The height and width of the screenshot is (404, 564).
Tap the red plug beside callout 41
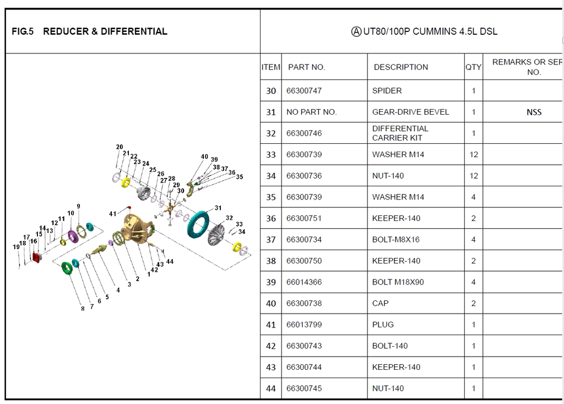pos(129,207)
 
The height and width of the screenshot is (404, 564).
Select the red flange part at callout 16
pos(38,257)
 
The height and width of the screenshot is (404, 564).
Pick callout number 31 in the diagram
pos(218,208)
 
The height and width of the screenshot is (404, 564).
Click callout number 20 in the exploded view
pos(120,147)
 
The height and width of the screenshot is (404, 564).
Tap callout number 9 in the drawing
pos(78,206)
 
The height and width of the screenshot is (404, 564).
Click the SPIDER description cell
pos(387,91)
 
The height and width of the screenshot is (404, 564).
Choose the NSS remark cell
pos(534,112)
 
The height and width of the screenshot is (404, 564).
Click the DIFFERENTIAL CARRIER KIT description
pos(400,133)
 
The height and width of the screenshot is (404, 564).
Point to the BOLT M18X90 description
pos(398,282)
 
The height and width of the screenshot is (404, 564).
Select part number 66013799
pos(304,325)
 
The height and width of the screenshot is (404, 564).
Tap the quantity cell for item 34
pos(473,176)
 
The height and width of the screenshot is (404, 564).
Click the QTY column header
pos(473,67)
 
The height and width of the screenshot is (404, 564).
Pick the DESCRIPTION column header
pos(400,67)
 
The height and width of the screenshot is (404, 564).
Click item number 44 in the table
pos(270,389)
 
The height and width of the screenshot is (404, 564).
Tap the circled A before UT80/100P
pos(356,31)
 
